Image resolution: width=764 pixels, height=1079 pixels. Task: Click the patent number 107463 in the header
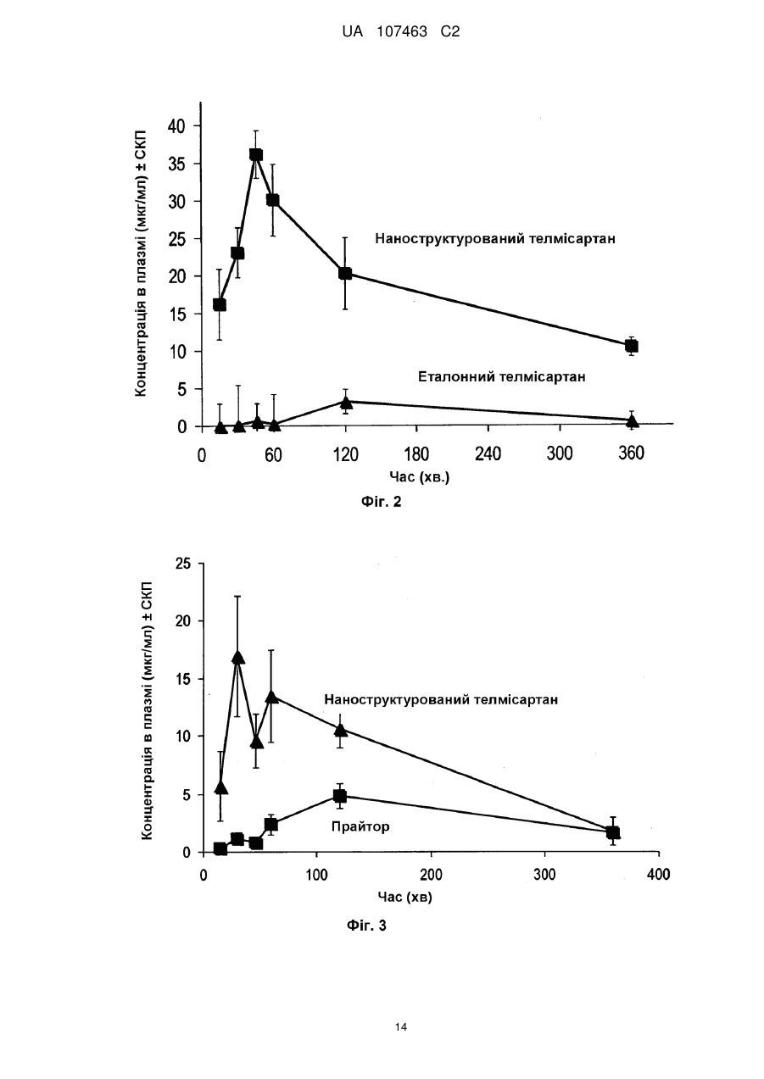click(402, 32)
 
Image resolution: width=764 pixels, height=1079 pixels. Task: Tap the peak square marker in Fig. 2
click(256, 154)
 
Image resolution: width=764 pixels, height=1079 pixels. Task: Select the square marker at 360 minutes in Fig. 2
click(631, 346)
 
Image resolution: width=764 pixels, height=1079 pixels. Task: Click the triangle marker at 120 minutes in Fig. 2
click(346, 403)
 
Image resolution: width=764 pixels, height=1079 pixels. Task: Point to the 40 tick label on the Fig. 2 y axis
click(176, 126)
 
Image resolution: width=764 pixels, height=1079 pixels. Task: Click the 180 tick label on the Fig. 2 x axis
click(416, 453)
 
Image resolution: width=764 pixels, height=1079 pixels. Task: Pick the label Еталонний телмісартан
click(502, 376)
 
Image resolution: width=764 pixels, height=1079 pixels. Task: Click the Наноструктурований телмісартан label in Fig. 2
click(495, 239)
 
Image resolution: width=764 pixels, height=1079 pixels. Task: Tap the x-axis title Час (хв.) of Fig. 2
click(420, 477)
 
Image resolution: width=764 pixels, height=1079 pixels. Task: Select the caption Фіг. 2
click(382, 502)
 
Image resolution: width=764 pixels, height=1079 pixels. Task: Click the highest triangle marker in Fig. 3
click(237, 658)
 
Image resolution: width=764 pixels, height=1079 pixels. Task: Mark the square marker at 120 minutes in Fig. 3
click(340, 795)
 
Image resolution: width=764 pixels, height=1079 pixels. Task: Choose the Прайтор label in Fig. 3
click(360, 826)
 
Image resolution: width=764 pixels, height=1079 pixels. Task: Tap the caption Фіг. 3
click(366, 926)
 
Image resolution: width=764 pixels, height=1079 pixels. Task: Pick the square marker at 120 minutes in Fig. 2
click(345, 274)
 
